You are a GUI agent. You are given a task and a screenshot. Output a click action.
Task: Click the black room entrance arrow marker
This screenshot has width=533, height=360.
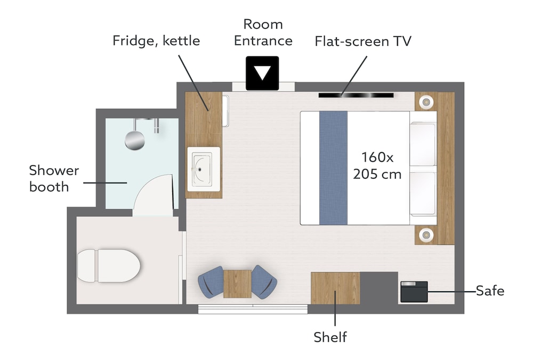(262, 73)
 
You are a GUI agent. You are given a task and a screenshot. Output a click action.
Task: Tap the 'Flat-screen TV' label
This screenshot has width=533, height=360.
(363, 41)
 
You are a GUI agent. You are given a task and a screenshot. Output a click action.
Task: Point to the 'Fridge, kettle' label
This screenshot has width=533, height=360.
(156, 41)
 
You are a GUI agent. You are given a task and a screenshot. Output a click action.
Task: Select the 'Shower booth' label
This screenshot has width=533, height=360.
(54, 178)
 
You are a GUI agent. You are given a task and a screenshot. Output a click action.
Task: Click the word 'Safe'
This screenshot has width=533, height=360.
(490, 291)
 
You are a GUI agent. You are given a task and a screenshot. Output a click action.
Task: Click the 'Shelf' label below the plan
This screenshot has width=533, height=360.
(330, 337)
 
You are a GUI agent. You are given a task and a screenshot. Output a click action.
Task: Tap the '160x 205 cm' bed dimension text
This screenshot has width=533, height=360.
(377, 165)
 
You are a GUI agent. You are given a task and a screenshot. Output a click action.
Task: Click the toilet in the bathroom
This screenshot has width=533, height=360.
(108, 266)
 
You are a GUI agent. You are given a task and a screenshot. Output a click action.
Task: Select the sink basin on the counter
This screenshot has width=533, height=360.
(204, 169)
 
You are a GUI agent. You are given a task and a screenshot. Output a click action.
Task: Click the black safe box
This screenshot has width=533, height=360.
(414, 292)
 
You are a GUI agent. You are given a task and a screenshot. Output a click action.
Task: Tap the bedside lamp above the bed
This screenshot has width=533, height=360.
(426, 101)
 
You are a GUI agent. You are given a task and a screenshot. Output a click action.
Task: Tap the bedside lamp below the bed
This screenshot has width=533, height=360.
(426, 235)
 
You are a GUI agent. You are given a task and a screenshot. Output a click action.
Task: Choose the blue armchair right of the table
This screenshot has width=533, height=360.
(264, 282)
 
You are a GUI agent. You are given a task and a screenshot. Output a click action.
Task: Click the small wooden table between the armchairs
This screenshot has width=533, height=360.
(238, 284)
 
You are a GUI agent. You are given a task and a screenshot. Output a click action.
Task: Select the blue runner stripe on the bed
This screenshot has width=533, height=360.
(333, 168)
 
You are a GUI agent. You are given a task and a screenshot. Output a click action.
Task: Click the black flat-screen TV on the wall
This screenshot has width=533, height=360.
(356, 95)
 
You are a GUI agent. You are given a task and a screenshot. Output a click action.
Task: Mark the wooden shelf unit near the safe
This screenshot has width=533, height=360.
(335, 288)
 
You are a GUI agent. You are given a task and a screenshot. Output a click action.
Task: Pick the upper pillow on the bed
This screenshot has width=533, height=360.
(423, 145)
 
